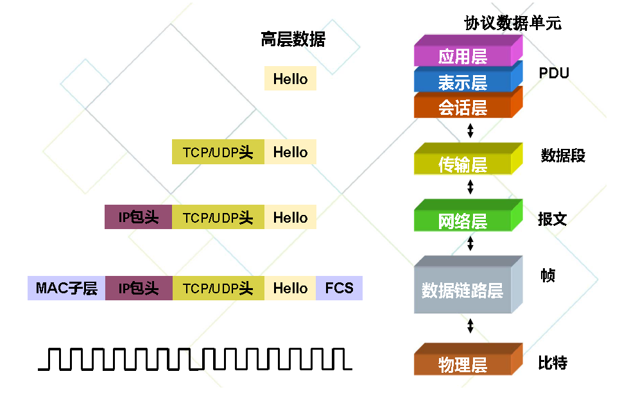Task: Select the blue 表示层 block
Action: click(x=463, y=82)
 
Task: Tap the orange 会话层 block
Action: click(x=463, y=107)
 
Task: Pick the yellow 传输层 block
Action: click(x=463, y=165)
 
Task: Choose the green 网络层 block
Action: click(x=463, y=221)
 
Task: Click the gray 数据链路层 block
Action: click(x=462, y=290)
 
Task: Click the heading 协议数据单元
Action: click(x=513, y=24)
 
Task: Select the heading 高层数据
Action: click(x=293, y=40)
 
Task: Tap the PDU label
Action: click(x=554, y=73)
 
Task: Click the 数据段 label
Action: click(x=563, y=155)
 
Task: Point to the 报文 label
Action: click(x=552, y=219)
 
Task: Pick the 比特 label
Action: click(x=553, y=363)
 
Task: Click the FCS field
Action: click(x=339, y=288)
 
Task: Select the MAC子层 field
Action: click(x=66, y=288)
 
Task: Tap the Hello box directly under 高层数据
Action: click(x=290, y=79)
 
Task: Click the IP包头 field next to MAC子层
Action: click(x=138, y=288)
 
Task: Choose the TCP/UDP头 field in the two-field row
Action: click(x=218, y=152)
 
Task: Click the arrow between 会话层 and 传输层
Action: click(x=470, y=131)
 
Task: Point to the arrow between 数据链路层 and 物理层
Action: click(x=470, y=325)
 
